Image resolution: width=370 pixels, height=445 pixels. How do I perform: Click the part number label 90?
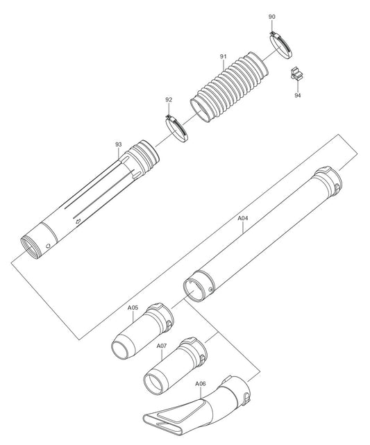(x=271, y=16)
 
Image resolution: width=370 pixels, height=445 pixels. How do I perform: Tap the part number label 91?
(x=223, y=56)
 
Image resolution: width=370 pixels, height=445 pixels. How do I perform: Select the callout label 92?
(x=169, y=100)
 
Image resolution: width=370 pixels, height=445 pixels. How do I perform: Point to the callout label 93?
(x=118, y=144)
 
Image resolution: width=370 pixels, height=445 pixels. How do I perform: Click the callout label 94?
(x=298, y=95)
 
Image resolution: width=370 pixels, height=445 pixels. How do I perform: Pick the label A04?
(x=243, y=218)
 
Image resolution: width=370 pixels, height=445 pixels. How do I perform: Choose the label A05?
(x=133, y=307)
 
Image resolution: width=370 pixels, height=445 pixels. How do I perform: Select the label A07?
(x=162, y=345)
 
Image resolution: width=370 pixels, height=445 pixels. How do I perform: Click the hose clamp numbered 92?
(x=178, y=130)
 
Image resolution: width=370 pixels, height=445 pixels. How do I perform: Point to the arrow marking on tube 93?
(x=78, y=221)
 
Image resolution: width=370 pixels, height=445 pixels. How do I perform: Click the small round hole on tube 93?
(x=47, y=246)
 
